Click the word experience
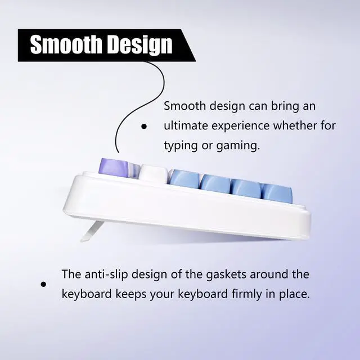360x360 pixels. click(x=244, y=125)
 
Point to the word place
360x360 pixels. click(x=294, y=294)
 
